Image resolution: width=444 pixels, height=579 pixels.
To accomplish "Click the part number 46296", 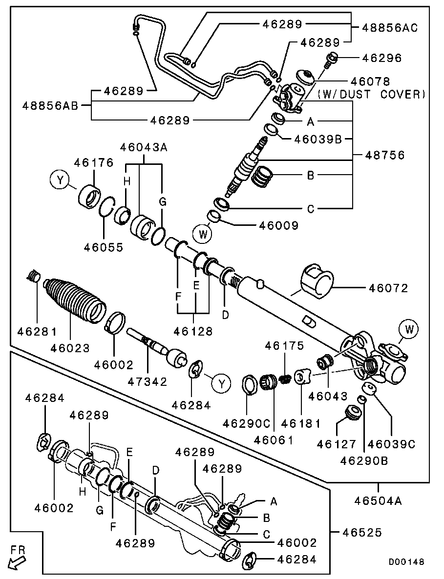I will [381, 58].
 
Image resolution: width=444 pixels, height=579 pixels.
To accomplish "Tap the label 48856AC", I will [390, 28].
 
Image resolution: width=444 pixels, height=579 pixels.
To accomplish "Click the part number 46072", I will [388, 289].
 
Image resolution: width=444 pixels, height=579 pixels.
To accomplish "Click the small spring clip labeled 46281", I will [33, 278].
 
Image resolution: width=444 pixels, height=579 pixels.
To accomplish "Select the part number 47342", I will [148, 381].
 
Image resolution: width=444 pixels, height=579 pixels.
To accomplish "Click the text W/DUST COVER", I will [371, 94].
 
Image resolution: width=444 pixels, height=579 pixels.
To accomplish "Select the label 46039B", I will [318, 140].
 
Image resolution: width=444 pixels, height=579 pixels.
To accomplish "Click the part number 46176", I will [93, 163].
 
